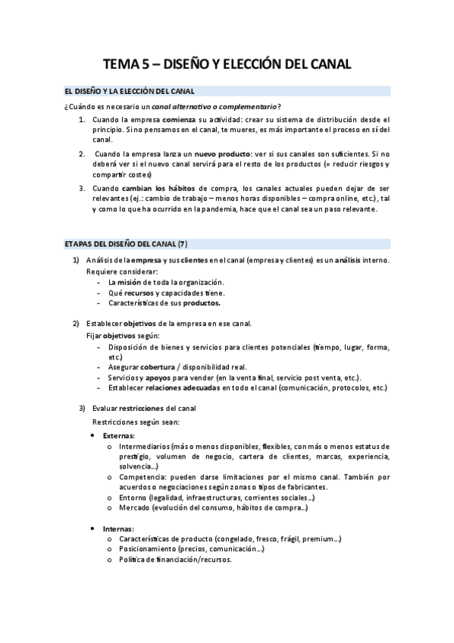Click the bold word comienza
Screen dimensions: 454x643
175,120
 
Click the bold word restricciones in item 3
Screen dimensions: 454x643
149,408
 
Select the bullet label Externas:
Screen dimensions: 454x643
119,436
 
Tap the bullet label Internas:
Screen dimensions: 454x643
118,528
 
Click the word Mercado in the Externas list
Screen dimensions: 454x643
133,507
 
